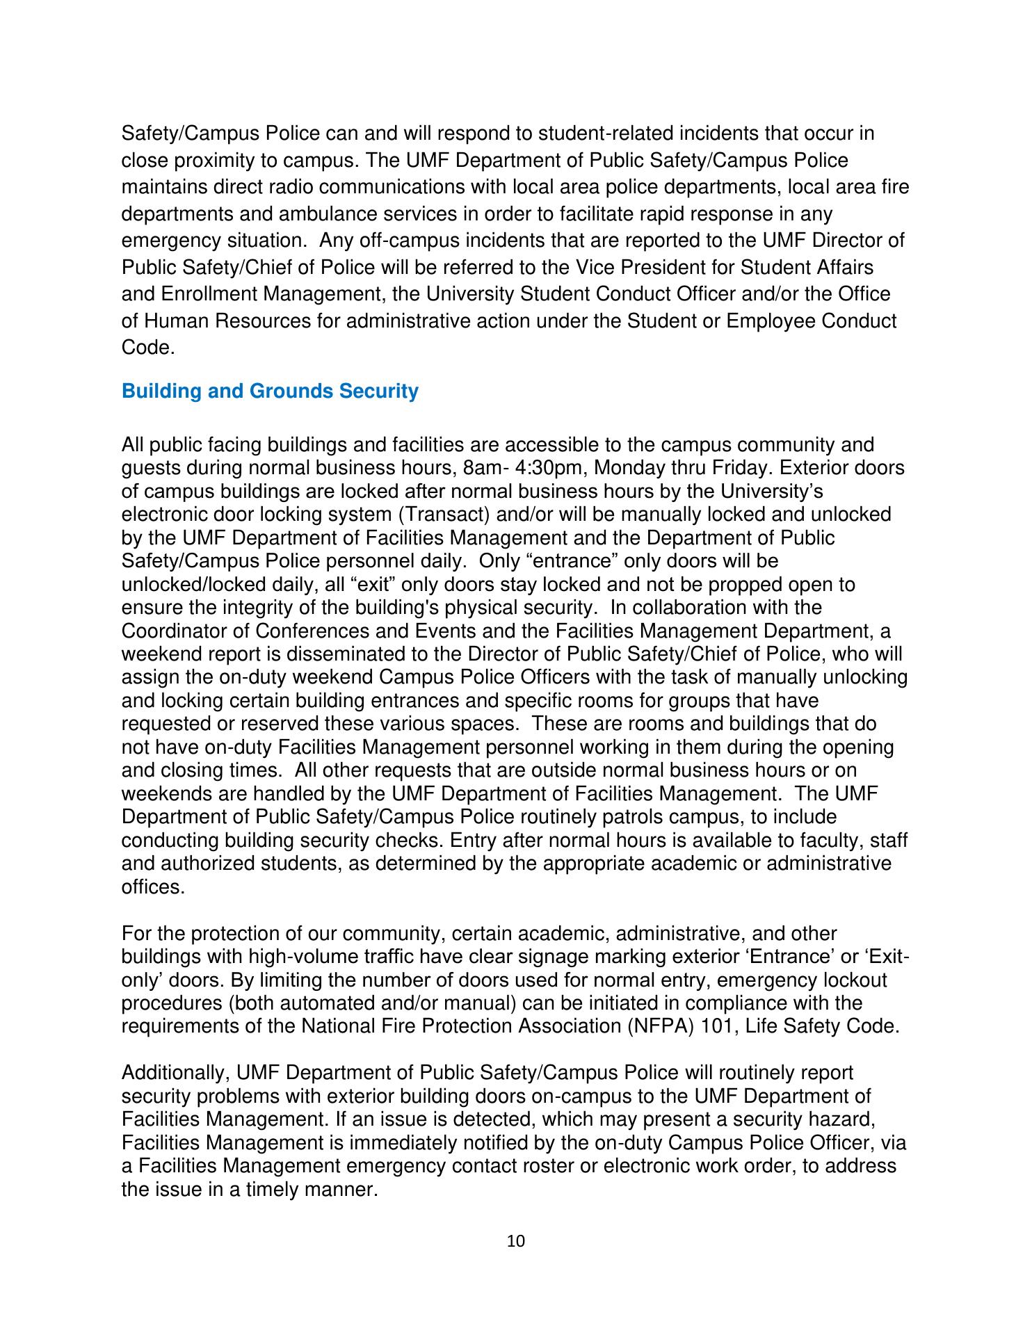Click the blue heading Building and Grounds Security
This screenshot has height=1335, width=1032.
[x=270, y=391]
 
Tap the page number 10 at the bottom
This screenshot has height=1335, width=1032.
[x=516, y=1241]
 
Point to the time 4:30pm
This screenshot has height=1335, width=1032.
[x=549, y=468]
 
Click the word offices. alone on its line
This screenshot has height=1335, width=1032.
[x=153, y=887]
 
